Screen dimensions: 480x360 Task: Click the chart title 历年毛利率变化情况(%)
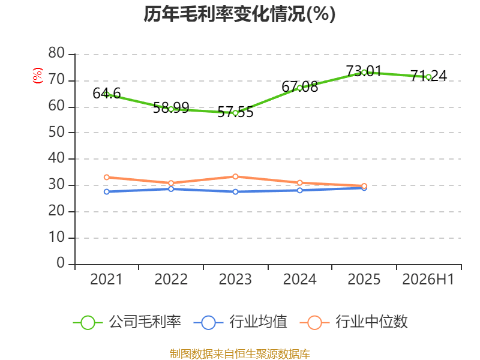(x=239, y=14)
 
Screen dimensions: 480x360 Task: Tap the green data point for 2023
(x=235, y=113)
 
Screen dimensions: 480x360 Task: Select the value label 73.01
(x=364, y=71)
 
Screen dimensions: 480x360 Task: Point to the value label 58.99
(x=171, y=108)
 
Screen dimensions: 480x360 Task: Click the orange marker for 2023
(x=235, y=176)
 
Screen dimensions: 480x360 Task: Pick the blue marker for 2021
(x=107, y=191)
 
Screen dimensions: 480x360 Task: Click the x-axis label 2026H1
(x=428, y=280)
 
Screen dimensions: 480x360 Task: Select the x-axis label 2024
(x=299, y=280)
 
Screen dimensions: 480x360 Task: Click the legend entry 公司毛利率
(x=127, y=322)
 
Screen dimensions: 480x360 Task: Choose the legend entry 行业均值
(x=241, y=322)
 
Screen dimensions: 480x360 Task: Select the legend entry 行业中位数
(x=353, y=322)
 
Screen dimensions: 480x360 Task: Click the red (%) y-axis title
(x=38, y=76)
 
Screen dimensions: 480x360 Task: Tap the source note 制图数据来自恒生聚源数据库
(x=240, y=354)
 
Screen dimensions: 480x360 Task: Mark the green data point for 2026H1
(x=428, y=77)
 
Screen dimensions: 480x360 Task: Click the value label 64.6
(x=107, y=94)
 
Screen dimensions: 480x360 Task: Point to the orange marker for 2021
(x=107, y=177)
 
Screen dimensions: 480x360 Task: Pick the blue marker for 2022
(x=171, y=189)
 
